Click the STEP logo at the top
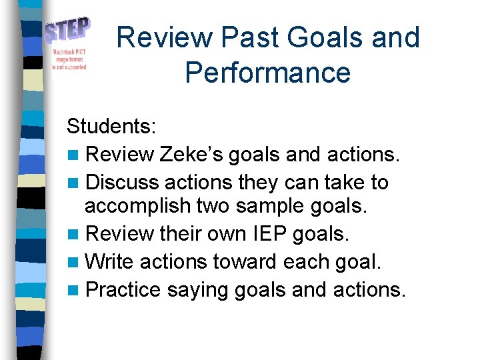pos(68,31)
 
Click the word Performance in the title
pos(268,71)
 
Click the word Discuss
pos(123,182)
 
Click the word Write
pos(110,261)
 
